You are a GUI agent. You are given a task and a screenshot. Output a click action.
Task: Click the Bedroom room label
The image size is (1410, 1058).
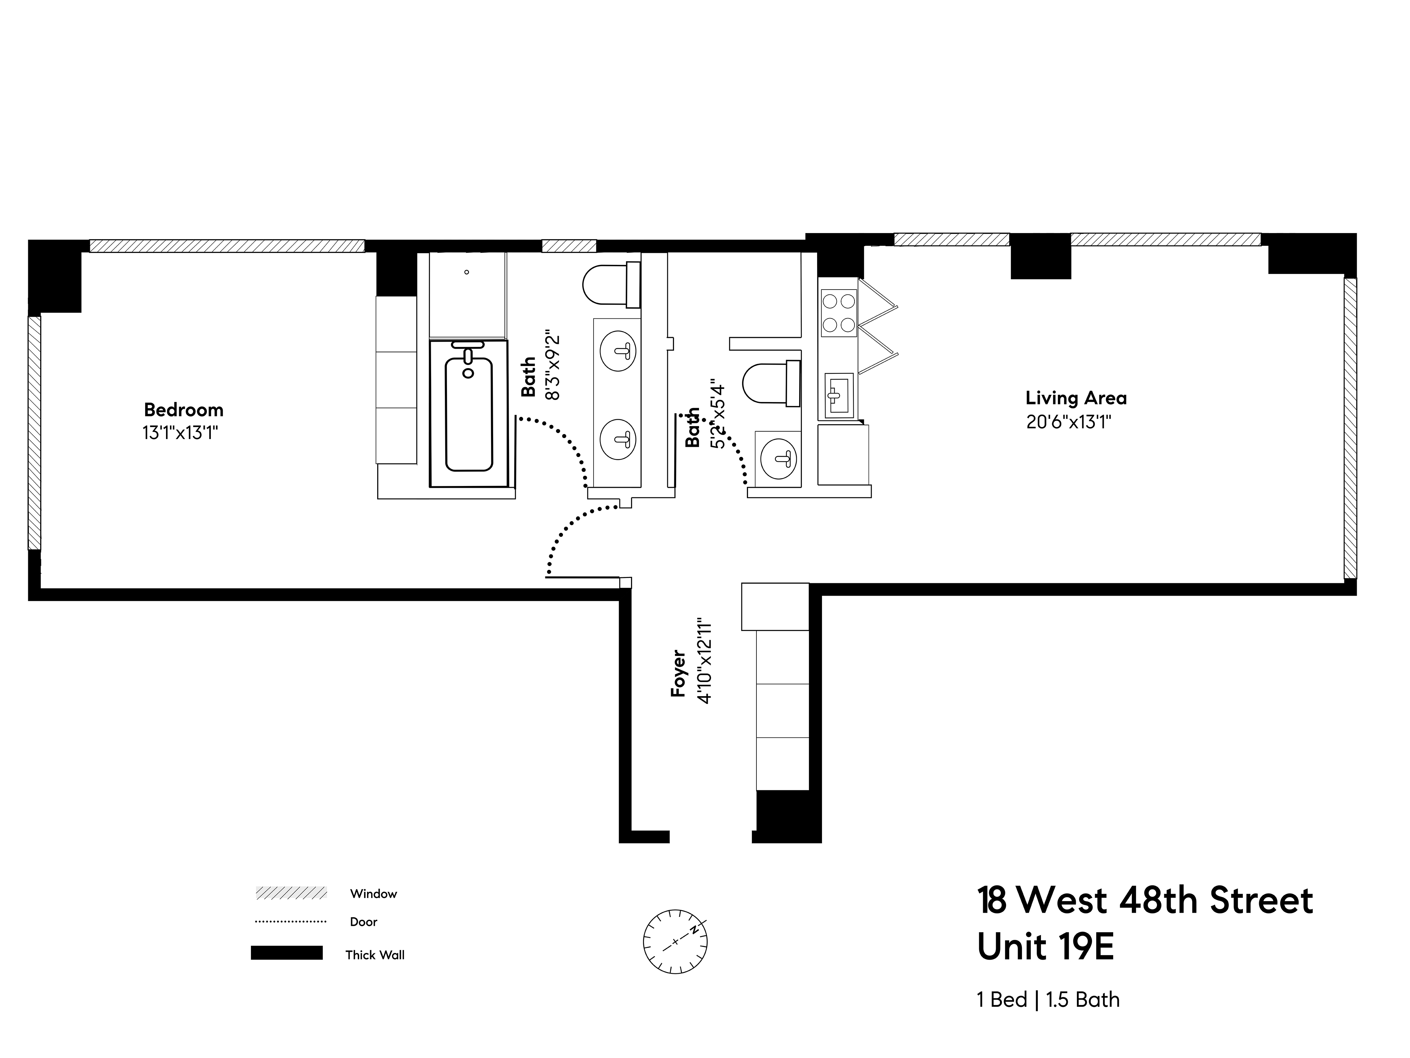pos(184,409)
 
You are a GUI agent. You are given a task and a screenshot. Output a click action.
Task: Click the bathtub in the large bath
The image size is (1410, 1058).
pos(469,414)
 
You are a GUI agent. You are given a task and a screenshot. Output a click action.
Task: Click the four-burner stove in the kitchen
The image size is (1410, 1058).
pos(838,313)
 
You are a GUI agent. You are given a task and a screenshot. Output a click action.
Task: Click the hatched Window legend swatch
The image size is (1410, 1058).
pos(291,893)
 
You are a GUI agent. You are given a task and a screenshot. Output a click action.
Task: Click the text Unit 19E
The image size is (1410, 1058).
pos(1046,947)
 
